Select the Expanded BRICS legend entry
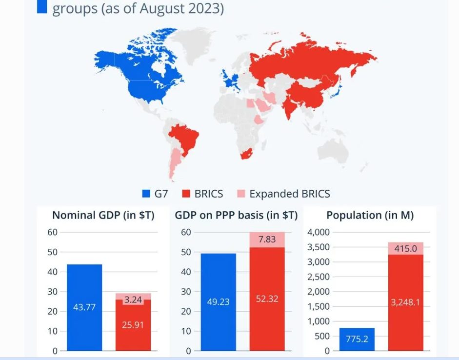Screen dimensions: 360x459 (283, 194)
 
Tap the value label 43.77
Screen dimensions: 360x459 (84, 307)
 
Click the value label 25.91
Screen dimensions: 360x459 (133, 324)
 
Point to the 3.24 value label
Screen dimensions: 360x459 (133, 300)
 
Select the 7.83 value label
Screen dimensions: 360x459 (267, 239)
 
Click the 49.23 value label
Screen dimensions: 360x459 (218, 302)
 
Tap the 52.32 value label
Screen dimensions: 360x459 (267, 299)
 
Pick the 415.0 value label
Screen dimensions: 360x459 (405, 248)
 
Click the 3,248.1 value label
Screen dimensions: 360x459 (405, 302)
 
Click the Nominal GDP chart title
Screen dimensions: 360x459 (103, 215)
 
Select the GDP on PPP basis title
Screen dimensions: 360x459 (236, 215)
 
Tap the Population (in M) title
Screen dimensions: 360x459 (370, 215)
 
